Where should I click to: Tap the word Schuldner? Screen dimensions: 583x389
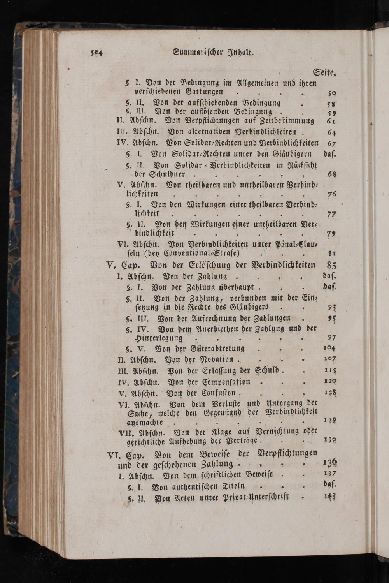coord(159,174)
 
